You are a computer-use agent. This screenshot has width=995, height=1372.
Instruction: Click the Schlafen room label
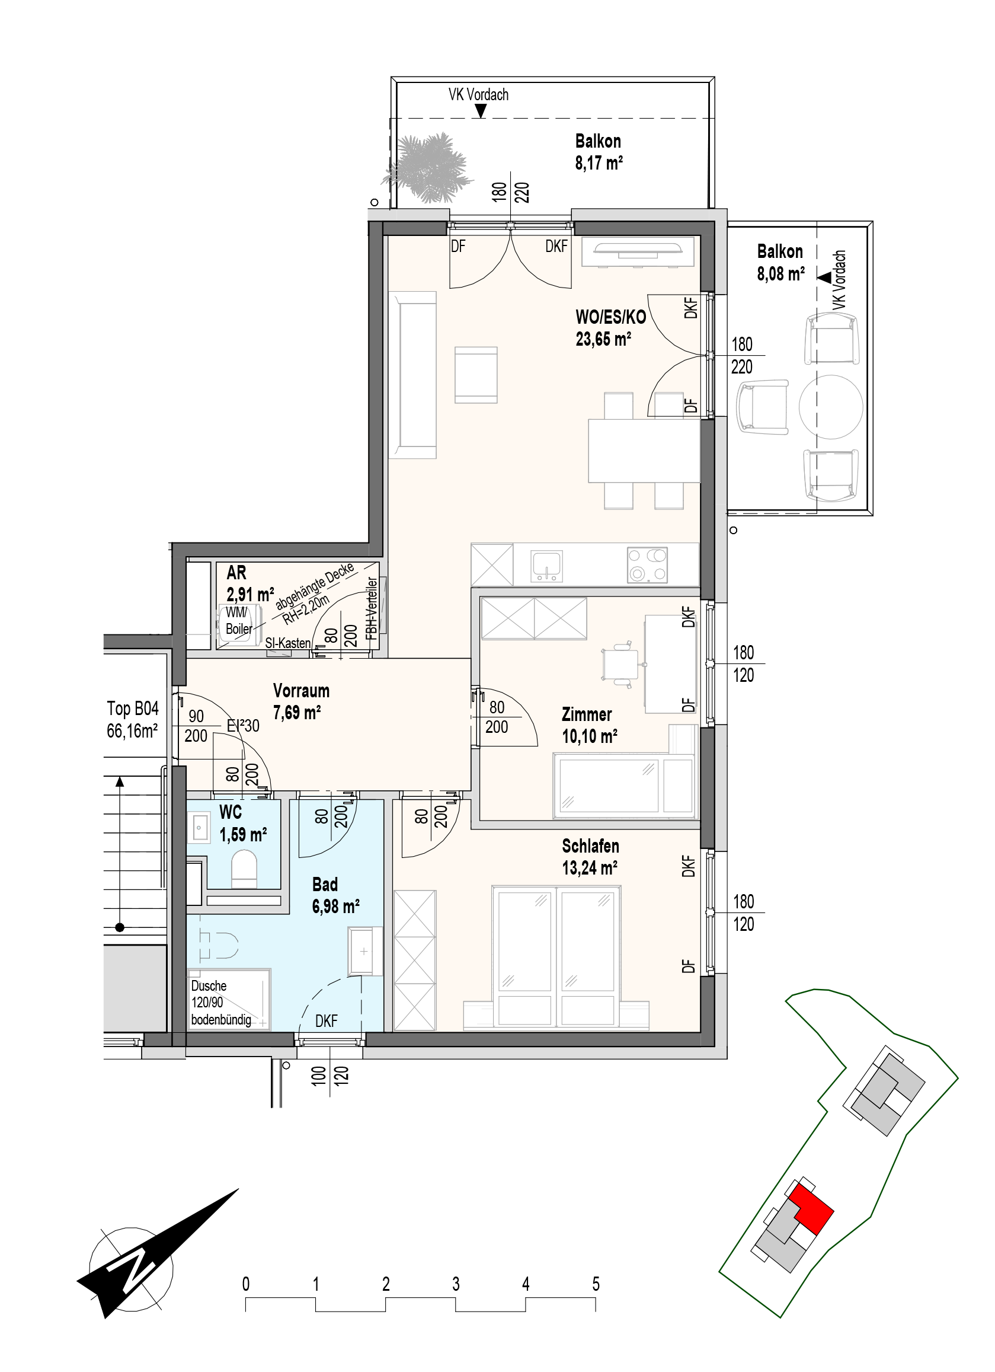pos(590,845)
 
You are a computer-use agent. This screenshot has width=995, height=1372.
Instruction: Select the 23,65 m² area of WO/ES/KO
pos(603,339)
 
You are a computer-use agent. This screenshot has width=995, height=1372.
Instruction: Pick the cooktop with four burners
pos(647,565)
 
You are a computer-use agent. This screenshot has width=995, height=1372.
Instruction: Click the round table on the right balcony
pos(831,407)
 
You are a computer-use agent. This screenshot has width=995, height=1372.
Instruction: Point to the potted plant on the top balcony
pos(429,167)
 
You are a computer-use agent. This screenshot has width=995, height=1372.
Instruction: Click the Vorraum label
pos(301,690)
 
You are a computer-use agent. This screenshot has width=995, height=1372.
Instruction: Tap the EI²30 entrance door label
pos(243,725)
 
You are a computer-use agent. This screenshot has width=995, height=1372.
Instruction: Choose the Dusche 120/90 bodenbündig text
pos(220,1003)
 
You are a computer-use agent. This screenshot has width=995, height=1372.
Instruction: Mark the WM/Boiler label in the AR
pos(239,621)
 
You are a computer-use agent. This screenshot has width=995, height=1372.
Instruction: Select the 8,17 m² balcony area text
pos(599,162)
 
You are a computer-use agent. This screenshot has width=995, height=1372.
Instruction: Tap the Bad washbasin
pos(364,950)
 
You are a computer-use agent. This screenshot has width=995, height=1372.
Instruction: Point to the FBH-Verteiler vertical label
pos(372,609)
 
